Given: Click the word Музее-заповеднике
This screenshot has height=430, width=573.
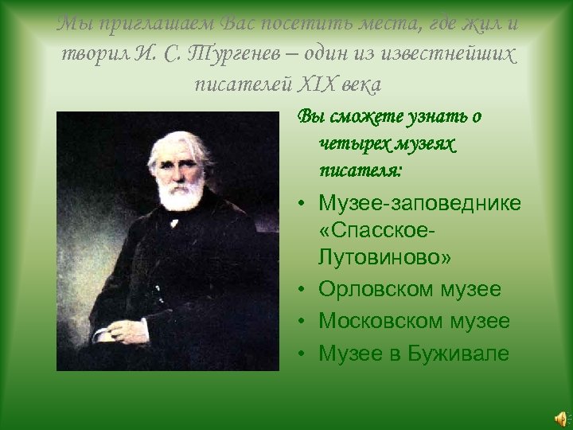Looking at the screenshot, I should point(419,204).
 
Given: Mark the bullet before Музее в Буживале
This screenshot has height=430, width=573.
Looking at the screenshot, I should point(305,354).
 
